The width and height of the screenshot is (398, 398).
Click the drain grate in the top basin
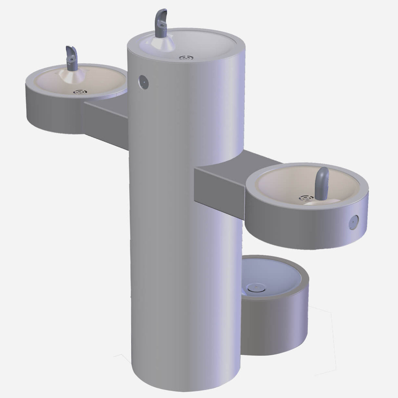pos(186,58)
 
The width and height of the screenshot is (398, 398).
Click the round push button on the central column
pos(143,82)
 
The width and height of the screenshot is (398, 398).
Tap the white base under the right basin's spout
pos(315,202)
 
